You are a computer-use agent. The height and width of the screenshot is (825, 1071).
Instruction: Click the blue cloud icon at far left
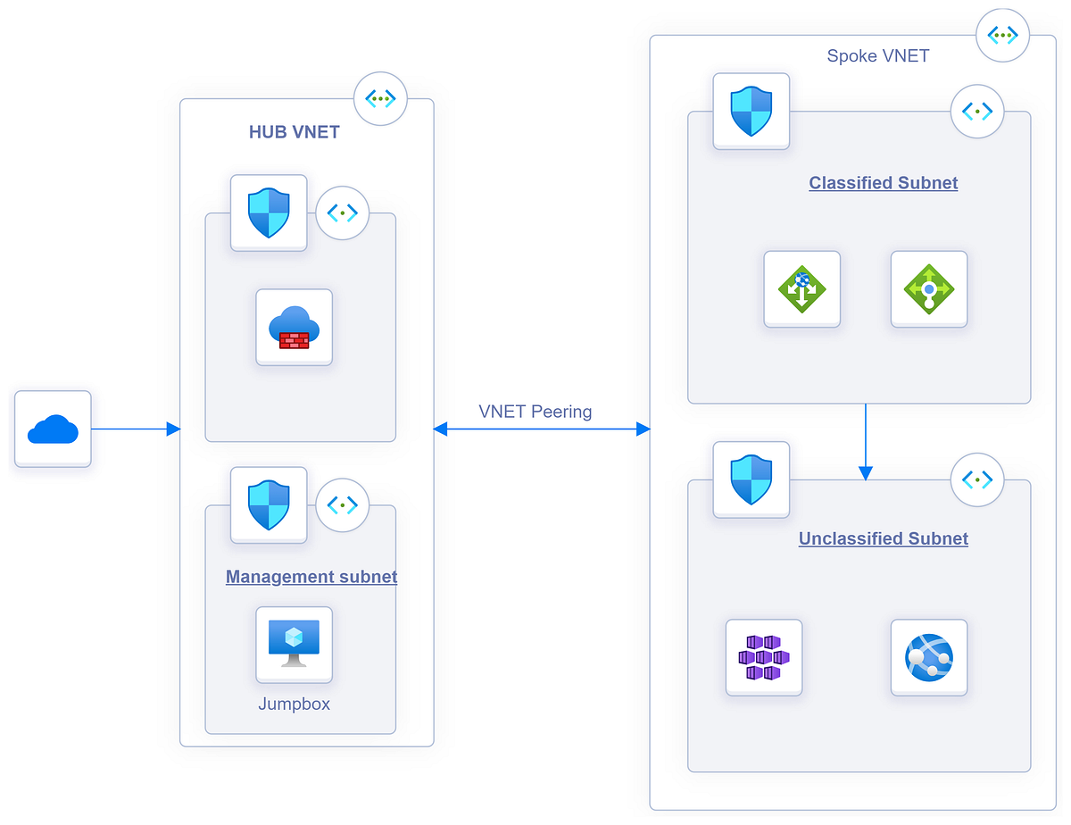click(x=53, y=429)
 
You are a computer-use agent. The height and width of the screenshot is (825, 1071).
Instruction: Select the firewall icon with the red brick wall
click(x=294, y=328)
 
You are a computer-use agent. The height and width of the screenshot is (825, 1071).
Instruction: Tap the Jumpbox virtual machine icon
click(x=294, y=645)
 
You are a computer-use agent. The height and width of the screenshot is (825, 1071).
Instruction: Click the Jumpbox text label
click(x=294, y=704)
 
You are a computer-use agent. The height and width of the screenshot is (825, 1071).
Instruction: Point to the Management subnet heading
click(x=311, y=577)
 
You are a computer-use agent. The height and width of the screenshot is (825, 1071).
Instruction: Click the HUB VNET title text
click(x=294, y=132)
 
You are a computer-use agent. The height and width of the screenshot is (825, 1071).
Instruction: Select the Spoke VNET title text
click(x=877, y=56)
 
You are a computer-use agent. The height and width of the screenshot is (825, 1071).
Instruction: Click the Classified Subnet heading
click(x=883, y=183)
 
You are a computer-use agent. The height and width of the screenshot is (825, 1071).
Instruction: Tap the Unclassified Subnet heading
click(x=883, y=538)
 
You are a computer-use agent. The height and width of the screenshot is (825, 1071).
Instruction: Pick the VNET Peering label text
click(x=535, y=412)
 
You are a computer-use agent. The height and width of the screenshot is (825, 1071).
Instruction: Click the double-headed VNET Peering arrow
click(x=542, y=429)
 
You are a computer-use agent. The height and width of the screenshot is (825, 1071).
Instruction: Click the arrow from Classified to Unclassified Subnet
click(x=865, y=442)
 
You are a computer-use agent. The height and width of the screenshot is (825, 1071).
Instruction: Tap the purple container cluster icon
click(x=764, y=657)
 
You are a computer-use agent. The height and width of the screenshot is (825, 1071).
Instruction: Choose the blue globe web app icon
click(x=929, y=657)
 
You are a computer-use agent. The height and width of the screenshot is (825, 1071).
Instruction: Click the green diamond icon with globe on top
click(x=801, y=289)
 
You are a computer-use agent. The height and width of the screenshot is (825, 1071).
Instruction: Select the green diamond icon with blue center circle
click(x=929, y=289)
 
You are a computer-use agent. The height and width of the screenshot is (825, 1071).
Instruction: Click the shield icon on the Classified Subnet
click(x=751, y=112)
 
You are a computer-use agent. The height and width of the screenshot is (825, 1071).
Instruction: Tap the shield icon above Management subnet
click(x=269, y=505)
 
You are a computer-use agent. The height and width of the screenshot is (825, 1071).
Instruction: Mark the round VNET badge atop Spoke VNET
click(x=1003, y=36)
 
